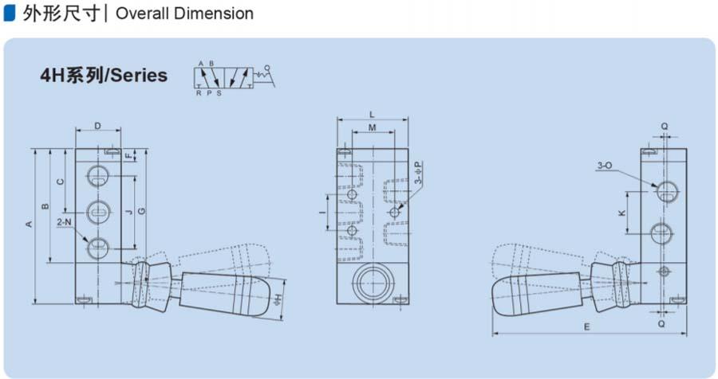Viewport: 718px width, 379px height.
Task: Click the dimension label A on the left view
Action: (x=29, y=224)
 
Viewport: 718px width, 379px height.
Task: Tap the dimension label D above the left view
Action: (x=97, y=126)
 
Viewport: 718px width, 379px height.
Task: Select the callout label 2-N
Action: (x=64, y=222)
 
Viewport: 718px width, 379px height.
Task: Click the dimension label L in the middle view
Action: (x=372, y=115)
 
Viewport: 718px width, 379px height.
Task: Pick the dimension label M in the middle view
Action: (x=372, y=127)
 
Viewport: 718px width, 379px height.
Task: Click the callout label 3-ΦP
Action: (x=417, y=173)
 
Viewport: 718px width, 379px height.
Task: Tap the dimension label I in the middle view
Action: (x=323, y=213)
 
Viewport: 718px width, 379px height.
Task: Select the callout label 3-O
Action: (x=605, y=166)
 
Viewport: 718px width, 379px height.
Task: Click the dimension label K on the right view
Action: (x=621, y=213)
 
